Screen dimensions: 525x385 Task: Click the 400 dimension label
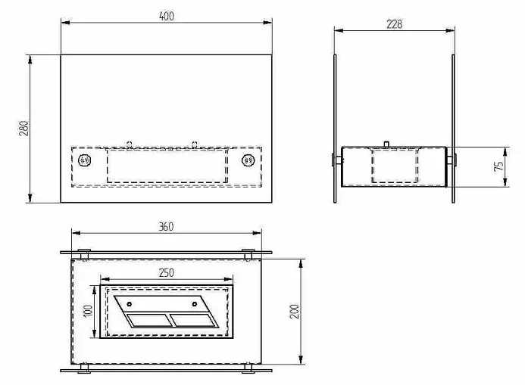(167, 16)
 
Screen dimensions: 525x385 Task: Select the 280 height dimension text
(23, 129)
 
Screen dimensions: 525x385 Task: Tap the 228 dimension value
(394, 24)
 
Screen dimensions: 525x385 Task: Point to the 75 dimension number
(498, 166)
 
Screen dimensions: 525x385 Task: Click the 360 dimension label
(166, 227)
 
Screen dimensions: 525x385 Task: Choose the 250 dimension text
(167, 273)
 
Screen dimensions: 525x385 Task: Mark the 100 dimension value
(87, 312)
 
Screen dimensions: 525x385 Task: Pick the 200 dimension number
(294, 312)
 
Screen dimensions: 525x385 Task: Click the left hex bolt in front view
(84, 160)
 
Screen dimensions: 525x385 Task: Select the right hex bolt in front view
(248, 160)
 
